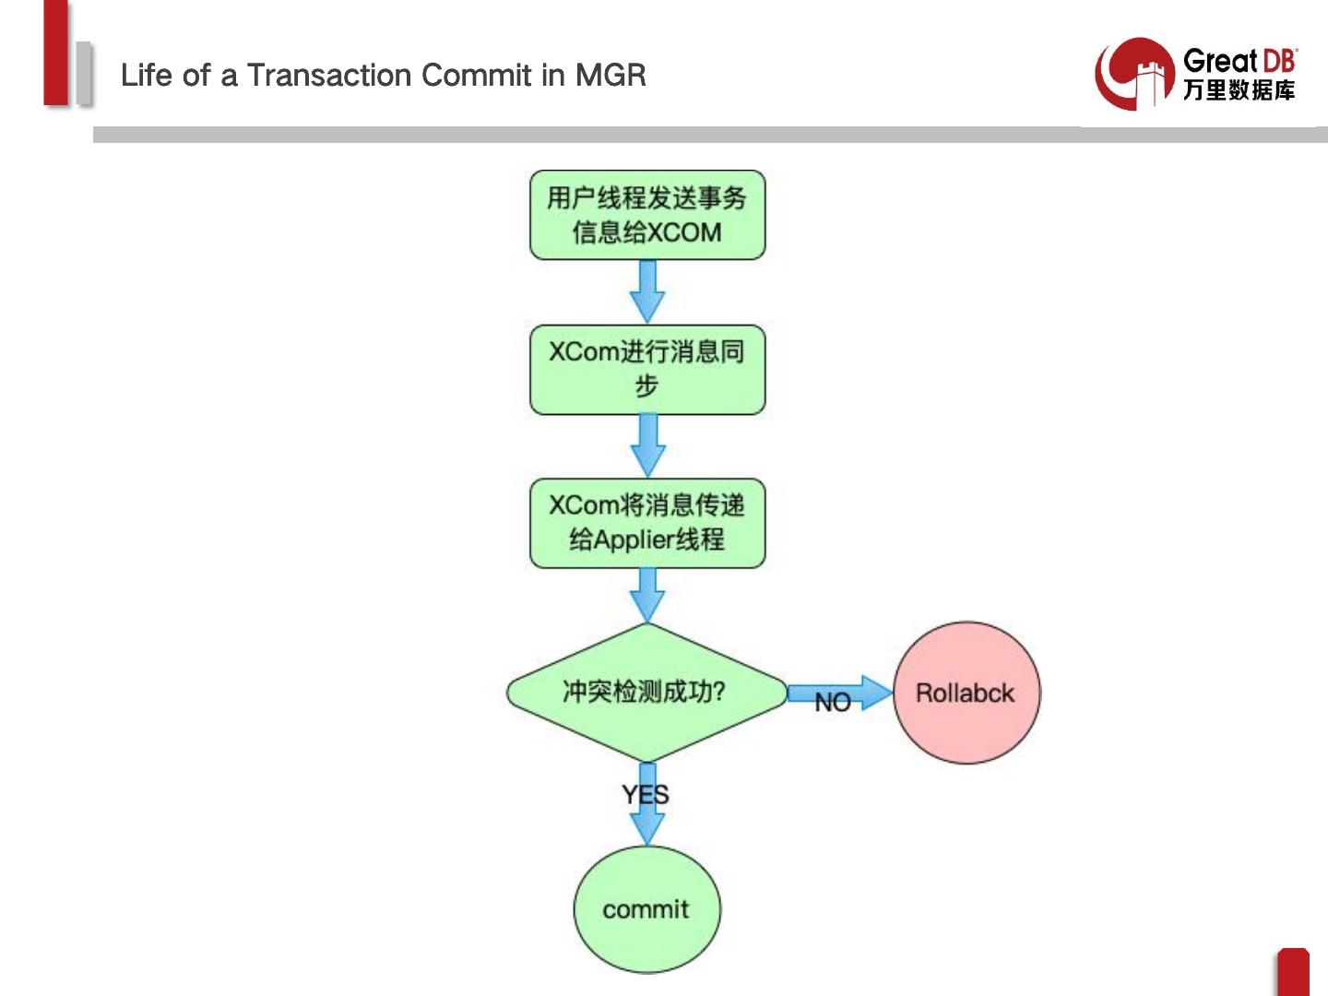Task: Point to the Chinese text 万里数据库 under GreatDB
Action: click(1239, 90)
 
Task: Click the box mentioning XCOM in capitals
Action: click(646, 215)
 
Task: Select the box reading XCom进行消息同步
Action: click(646, 369)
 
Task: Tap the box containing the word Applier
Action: click(646, 523)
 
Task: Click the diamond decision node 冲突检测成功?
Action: click(646, 692)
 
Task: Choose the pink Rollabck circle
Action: click(966, 693)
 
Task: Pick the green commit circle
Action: click(646, 909)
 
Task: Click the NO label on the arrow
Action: click(832, 703)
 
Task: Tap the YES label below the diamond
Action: click(645, 794)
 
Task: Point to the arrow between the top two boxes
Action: click(647, 290)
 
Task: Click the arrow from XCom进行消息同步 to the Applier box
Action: click(647, 445)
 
